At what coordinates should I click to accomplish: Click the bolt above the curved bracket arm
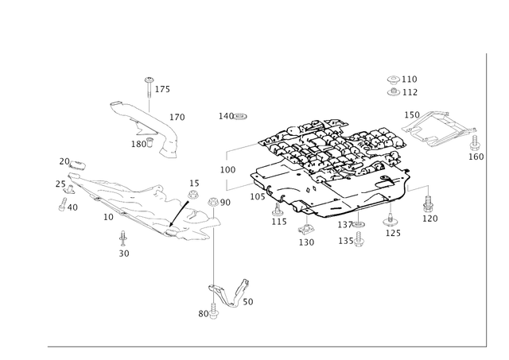(x=148, y=83)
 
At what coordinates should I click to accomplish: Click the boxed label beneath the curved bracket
(x=141, y=143)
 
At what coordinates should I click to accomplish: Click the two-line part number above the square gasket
(x=402, y=85)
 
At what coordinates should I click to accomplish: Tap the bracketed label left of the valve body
(x=227, y=169)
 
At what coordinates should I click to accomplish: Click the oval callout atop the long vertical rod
(x=220, y=203)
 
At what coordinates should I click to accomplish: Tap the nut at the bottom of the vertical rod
(x=213, y=306)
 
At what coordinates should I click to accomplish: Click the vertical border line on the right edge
(x=484, y=199)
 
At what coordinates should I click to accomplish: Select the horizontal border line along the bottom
(x=262, y=346)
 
